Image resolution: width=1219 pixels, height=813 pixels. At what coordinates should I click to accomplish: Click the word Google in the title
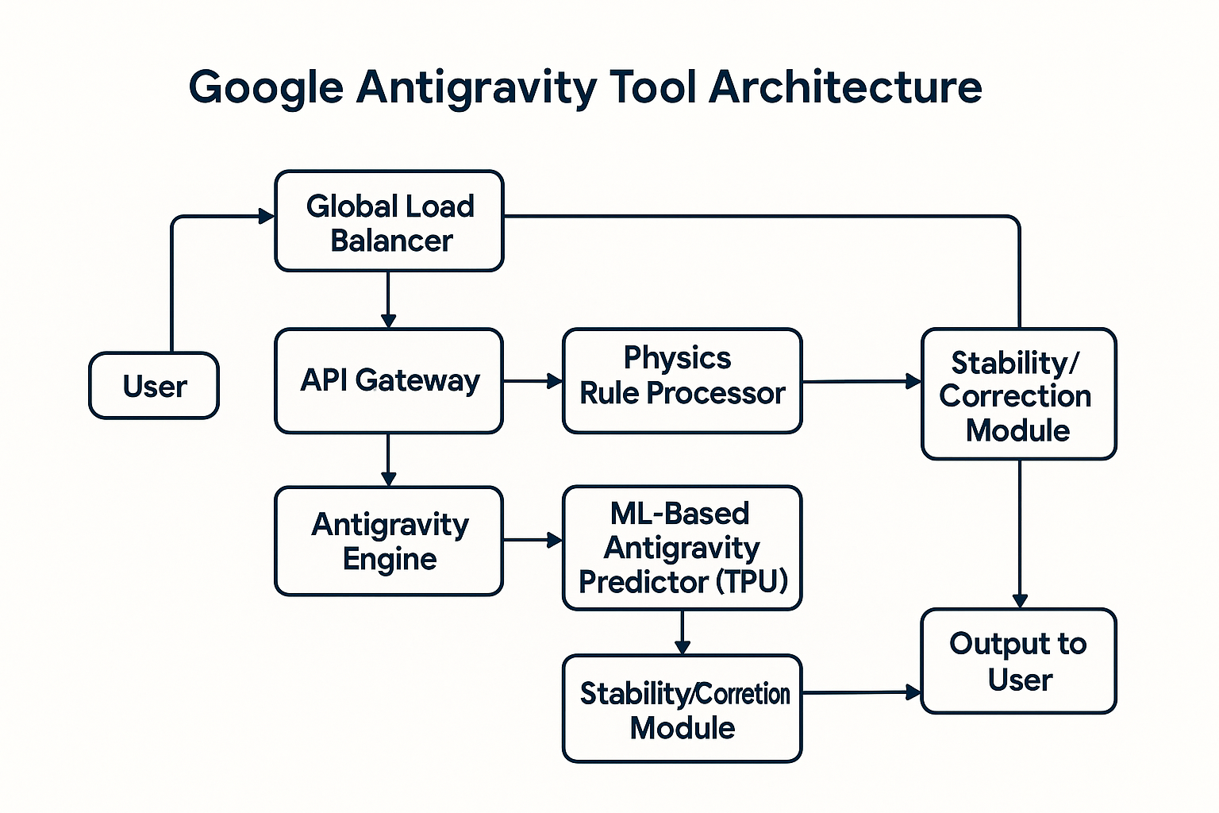266,87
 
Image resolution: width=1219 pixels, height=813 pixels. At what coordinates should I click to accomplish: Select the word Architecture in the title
845,87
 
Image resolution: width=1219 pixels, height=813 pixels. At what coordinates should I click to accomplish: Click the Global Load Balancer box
389,222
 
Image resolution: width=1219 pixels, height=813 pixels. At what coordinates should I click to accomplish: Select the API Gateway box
389,380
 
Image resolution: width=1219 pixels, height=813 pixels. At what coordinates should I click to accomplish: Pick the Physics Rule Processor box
682,380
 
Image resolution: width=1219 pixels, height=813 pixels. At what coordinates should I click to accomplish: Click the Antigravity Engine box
389,541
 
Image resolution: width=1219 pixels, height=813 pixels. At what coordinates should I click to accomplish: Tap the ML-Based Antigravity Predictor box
682,548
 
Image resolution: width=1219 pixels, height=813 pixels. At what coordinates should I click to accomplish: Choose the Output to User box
1018,661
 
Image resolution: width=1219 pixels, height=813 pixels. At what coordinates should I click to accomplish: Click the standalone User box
154,386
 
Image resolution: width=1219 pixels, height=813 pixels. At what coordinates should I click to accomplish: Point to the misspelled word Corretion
743,694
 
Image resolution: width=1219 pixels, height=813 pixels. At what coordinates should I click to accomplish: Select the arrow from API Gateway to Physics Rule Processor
533,381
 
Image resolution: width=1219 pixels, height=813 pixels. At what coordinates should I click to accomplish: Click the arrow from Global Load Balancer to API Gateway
388,299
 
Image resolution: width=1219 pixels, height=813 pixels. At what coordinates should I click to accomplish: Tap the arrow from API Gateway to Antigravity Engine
388,460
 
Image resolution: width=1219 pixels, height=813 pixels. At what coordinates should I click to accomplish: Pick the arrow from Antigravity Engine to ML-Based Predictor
533,541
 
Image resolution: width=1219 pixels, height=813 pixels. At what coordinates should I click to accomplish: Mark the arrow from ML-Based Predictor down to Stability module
682,632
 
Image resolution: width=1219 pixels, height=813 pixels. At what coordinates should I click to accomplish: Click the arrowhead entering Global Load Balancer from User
266,216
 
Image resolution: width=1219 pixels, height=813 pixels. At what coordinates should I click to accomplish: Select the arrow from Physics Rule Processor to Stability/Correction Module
861,382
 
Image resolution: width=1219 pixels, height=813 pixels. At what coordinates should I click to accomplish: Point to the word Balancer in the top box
391,241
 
